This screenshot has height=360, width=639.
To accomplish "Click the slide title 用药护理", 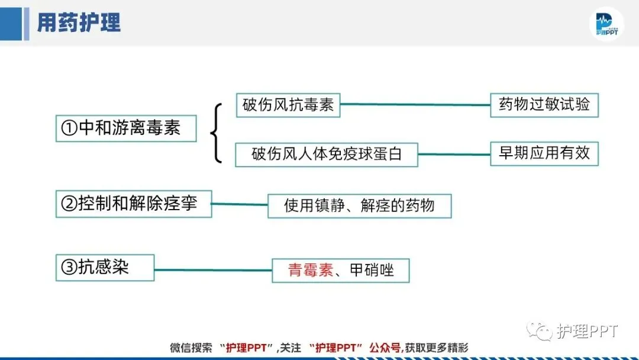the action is click(x=79, y=22).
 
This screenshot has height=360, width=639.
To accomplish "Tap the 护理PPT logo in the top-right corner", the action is click(x=606, y=25).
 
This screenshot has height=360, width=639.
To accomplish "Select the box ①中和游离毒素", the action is click(x=126, y=128).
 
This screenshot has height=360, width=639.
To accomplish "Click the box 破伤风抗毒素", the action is click(x=288, y=105).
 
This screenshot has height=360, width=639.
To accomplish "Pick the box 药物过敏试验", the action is click(x=544, y=105).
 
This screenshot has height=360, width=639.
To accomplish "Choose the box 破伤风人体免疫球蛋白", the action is click(x=327, y=155).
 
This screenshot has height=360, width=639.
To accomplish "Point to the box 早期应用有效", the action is click(x=544, y=153).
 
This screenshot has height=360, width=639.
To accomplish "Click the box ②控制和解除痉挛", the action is click(x=134, y=204).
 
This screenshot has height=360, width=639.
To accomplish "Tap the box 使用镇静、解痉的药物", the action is click(x=359, y=205).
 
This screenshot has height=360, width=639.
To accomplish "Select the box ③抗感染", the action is click(x=105, y=268).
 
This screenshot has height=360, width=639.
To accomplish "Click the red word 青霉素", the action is click(x=311, y=271).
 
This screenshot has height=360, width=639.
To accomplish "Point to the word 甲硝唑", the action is click(x=372, y=271).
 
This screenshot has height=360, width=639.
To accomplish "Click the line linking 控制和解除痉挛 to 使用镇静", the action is click(x=240, y=204).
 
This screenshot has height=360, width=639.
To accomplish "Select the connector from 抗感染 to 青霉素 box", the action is click(x=213, y=270).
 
